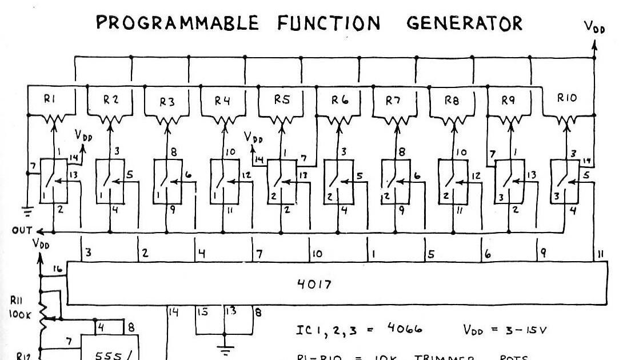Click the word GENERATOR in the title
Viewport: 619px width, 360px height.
464,23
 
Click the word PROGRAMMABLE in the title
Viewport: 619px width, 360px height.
177,23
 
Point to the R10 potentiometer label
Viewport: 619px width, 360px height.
568,98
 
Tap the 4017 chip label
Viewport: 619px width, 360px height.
314,285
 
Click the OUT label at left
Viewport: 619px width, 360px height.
19,231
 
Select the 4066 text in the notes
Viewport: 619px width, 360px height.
404,330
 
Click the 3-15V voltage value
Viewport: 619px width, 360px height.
526,330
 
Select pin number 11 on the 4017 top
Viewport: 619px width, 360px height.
601,253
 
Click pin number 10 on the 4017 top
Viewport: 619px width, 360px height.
317,253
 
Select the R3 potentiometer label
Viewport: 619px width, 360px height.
167,102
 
